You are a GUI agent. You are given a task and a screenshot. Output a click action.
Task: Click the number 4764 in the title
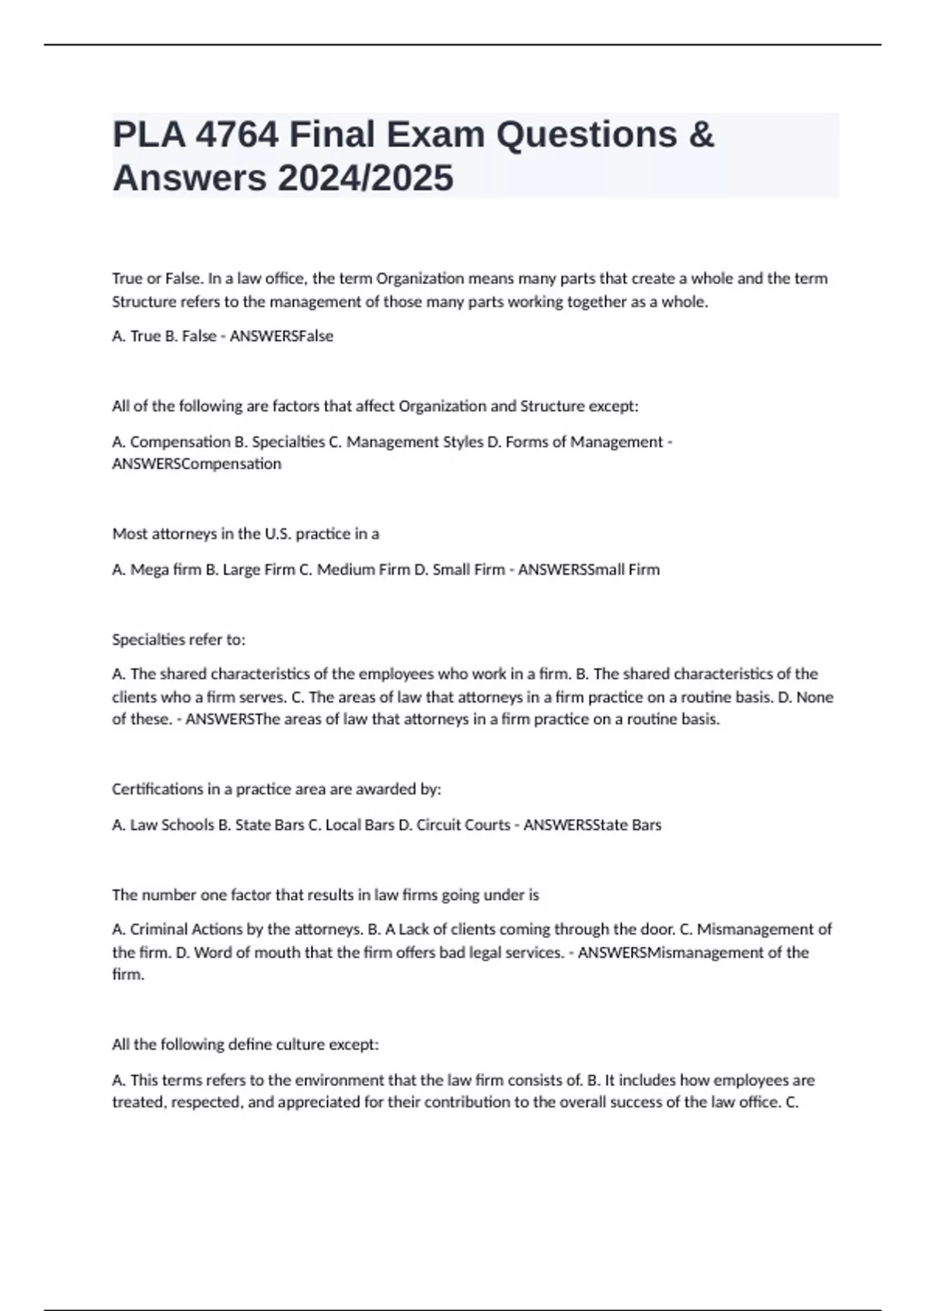tap(238, 135)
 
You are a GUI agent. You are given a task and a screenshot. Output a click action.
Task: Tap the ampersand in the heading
tap(701, 135)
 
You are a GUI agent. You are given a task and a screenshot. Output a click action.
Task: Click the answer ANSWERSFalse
tap(282, 336)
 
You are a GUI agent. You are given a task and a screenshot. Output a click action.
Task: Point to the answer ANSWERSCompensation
tap(197, 463)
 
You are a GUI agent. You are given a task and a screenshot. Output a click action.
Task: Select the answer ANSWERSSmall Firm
tap(589, 570)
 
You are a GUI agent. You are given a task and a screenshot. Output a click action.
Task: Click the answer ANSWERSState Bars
tap(593, 825)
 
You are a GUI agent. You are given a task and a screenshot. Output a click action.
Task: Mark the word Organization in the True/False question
tap(420, 278)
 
